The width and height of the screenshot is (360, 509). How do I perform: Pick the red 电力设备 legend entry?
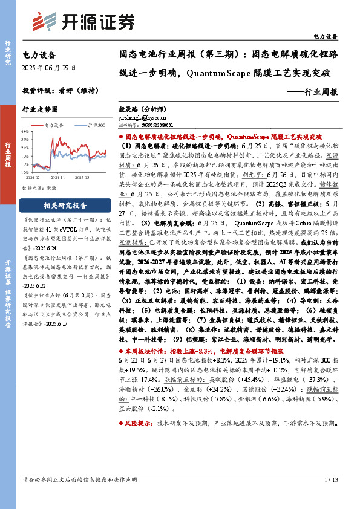point(53,124)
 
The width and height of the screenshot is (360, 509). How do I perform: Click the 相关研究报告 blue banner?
point(64,205)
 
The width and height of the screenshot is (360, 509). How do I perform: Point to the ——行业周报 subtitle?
point(313,92)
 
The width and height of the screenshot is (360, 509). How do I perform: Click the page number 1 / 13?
point(330,497)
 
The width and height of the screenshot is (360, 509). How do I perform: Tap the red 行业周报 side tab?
point(8,155)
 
